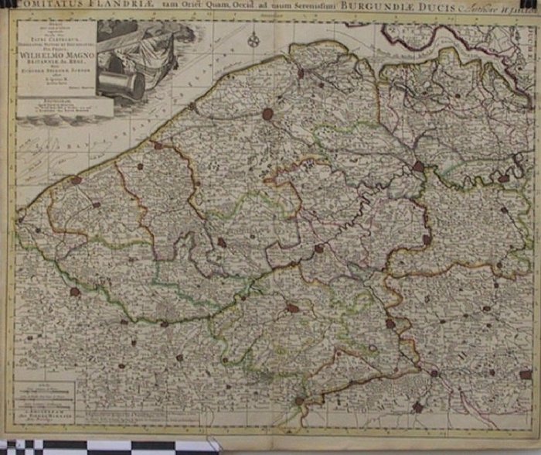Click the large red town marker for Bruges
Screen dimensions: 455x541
coord(268,114)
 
